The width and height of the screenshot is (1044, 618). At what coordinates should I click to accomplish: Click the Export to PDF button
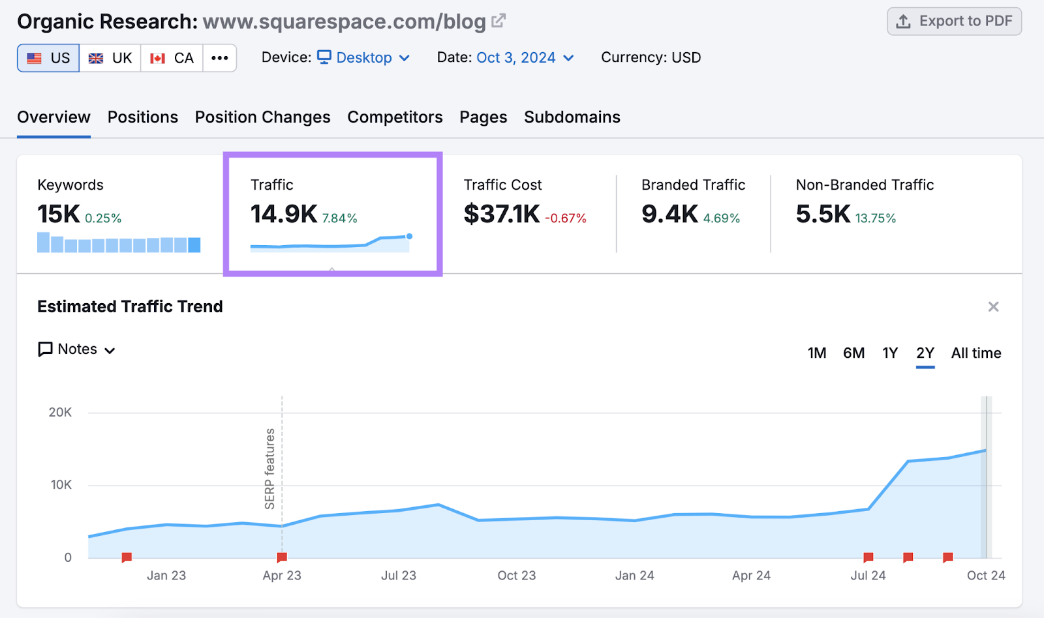954,22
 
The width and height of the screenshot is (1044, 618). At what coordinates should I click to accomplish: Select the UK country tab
110,58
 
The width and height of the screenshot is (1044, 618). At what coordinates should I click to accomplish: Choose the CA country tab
172,58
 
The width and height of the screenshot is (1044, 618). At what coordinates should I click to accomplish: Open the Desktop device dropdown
363,58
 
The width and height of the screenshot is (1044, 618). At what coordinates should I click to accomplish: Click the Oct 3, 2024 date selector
525,58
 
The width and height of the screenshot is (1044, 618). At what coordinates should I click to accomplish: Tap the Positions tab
142,117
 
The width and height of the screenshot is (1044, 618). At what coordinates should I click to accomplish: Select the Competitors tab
395,117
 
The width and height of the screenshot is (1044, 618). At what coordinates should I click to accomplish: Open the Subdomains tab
572,117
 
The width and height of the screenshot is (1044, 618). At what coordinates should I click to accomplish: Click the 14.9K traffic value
284,214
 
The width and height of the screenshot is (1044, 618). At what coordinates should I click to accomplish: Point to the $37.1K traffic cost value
502,214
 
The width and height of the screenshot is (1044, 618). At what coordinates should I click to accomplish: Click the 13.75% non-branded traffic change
876,218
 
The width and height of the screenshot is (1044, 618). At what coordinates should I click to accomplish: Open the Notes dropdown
77,349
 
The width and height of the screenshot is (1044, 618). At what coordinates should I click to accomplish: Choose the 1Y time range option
890,353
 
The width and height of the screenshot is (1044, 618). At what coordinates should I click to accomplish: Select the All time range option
975,353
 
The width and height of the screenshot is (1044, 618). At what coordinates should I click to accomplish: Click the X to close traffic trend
993,307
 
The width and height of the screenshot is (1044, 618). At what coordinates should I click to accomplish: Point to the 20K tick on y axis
60,413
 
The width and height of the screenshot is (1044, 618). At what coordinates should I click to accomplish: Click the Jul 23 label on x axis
399,576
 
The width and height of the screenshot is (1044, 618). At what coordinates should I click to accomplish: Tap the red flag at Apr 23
282,557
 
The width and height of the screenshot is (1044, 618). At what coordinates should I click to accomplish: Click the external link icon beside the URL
499,21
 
